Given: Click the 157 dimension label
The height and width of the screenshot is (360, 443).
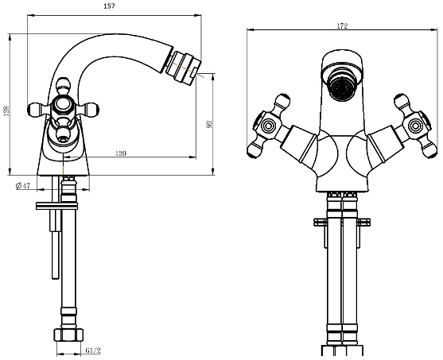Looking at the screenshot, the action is [x=109, y=6].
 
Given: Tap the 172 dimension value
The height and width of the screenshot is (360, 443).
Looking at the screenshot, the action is [x=342, y=26].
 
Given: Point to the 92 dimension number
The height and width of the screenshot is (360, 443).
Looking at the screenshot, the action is [x=209, y=124].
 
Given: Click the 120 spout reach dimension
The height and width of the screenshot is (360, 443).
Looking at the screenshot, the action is [x=121, y=153].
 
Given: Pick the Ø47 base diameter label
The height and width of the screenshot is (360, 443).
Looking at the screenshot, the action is [x=23, y=185].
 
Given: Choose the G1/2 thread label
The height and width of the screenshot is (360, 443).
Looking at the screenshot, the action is [x=93, y=350].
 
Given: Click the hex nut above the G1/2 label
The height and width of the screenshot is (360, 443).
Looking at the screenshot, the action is [x=68, y=335].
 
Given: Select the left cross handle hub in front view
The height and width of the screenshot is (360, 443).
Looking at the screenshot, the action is [x=268, y=125].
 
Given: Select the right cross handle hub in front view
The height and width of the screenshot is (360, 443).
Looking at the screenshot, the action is [x=415, y=125].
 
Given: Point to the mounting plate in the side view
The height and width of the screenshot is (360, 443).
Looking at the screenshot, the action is [x=56, y=206].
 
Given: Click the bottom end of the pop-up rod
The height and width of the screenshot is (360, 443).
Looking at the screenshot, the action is [x=56, y=279].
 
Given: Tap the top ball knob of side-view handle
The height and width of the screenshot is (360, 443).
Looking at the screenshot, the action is [x=63, y=85].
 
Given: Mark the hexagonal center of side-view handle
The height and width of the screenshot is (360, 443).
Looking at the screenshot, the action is [x=63, y=105].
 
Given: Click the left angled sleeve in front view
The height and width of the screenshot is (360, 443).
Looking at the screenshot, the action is [x=298, y=144].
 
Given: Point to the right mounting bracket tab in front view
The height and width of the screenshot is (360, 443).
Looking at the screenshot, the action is [x=363, y=222].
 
